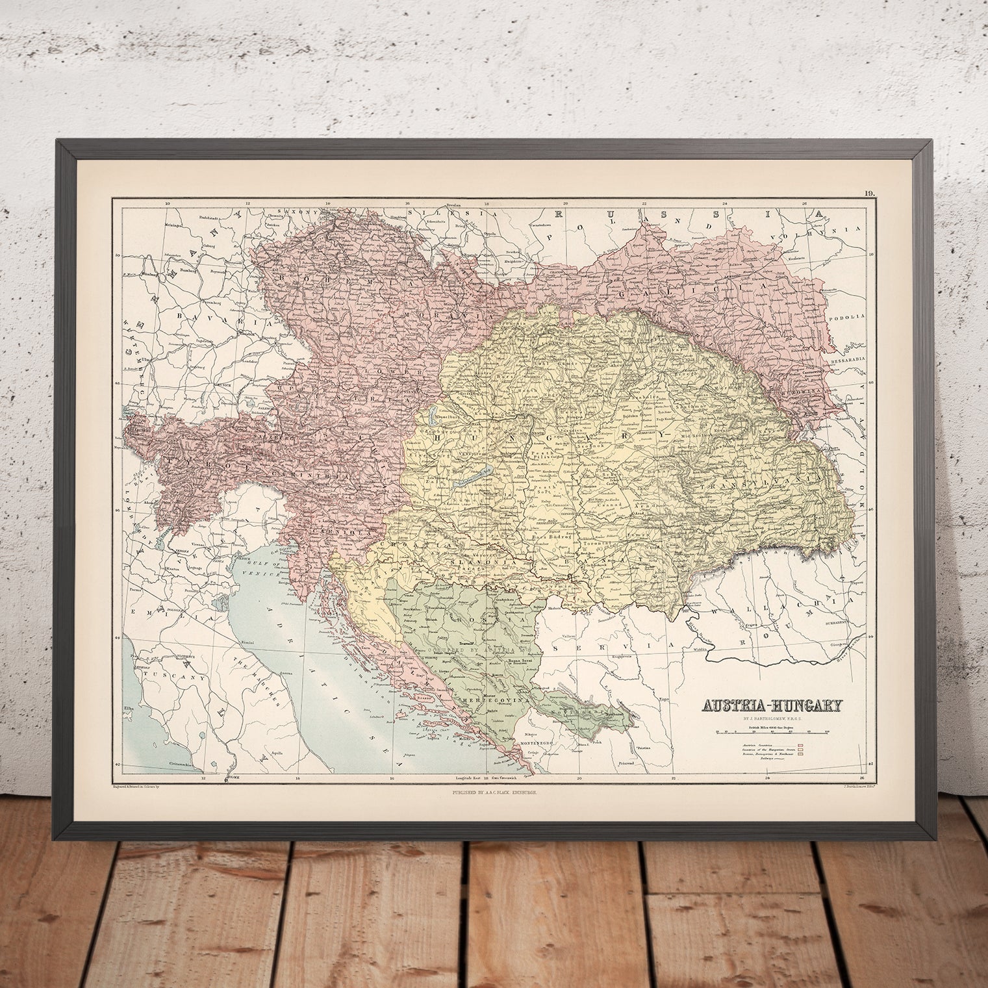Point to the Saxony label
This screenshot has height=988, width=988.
click(291, 212)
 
